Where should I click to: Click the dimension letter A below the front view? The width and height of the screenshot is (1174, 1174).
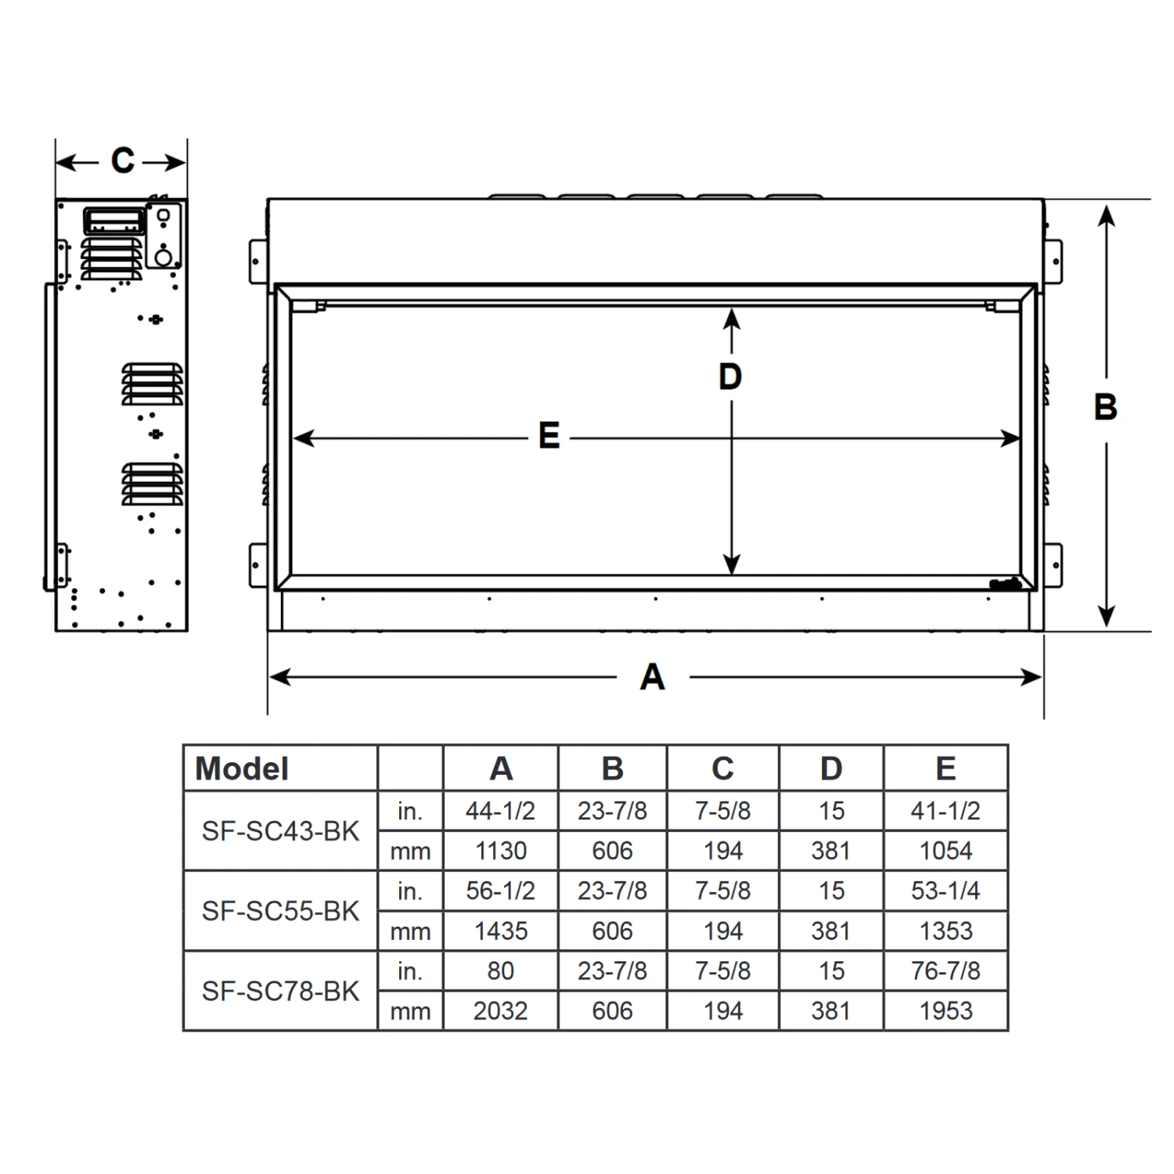[652, 677]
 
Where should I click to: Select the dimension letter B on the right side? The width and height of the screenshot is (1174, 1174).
[1105, 407]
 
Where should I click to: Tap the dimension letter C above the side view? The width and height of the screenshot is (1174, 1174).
[122, 160]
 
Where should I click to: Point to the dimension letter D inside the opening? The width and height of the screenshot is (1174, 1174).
[730, 377]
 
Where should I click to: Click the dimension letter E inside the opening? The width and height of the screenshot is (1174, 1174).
[549, 436]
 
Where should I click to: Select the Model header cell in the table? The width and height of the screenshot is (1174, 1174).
[242, 769]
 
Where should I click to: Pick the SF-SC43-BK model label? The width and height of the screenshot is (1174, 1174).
[280, 831]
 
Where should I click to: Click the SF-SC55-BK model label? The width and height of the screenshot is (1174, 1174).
[280, 911]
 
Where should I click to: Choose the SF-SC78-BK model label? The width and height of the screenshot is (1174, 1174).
[280, 992]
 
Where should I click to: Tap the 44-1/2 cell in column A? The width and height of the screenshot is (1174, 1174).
[500, 811]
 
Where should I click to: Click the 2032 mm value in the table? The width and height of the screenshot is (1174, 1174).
[500, 1011]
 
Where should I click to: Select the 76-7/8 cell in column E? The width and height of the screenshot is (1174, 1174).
[945, 971]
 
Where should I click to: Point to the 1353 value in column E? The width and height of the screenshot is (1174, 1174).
[945, 931]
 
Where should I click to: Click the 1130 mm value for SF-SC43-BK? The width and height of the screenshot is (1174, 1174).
[500, 851]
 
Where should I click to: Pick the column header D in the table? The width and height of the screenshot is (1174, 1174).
[831, 769]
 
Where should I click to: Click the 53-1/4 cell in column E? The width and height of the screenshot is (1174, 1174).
[945, 891]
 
